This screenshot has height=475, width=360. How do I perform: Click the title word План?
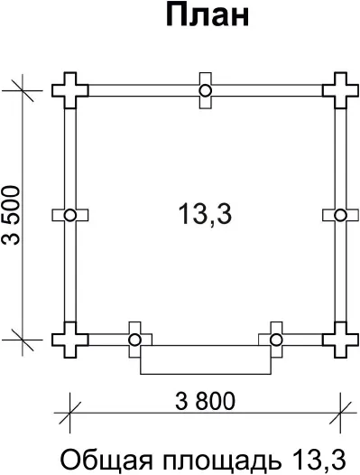pos(208,16)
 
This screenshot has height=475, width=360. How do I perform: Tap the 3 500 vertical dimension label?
pos(11,215)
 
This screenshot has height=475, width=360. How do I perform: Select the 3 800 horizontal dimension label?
pos(205,401)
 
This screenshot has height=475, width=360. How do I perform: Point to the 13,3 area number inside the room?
pos(205,214)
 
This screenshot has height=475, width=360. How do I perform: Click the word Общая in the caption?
pos(106,461)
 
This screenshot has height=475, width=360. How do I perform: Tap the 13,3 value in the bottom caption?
pos(319,460)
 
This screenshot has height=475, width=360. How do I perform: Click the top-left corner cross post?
pos(70,90)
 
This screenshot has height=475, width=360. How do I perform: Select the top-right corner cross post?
pos(340,90)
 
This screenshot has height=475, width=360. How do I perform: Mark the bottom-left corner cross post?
pos(70,340)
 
